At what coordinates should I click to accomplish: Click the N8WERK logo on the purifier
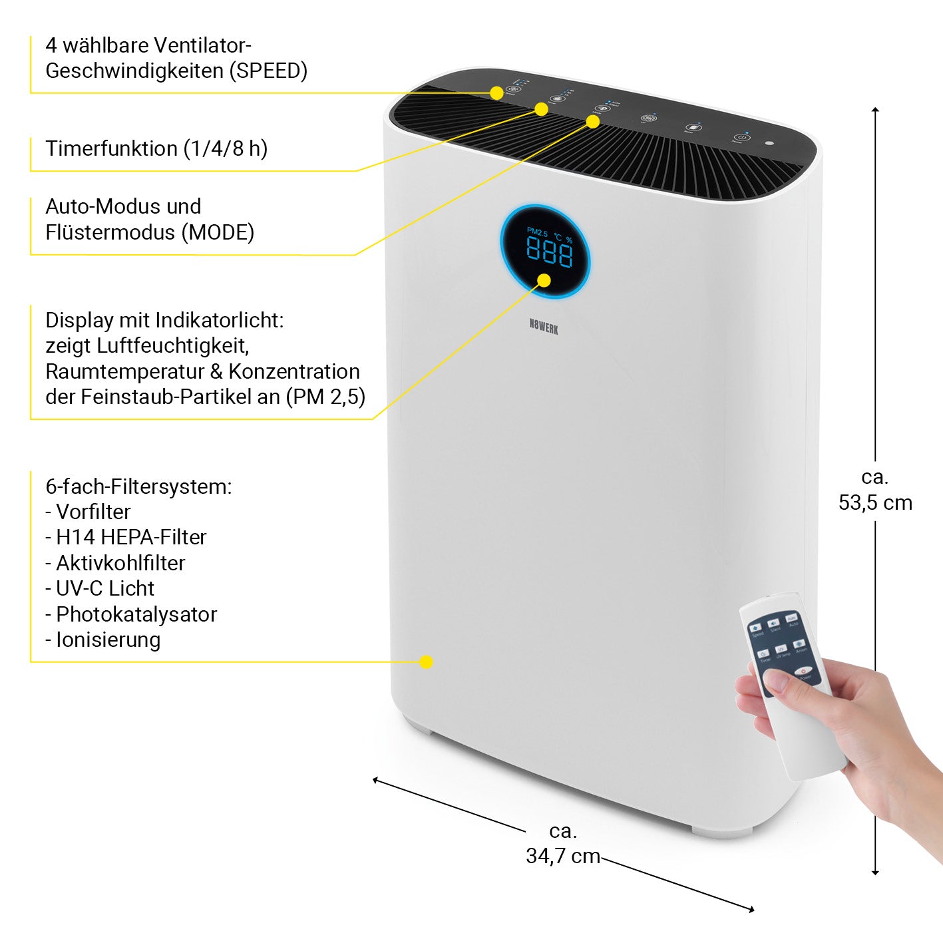[x=544, y=326]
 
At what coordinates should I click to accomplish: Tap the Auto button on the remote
[x=791, y=619]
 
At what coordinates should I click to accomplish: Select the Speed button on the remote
[x=756, y=628]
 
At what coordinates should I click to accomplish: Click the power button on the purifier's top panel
[x=741, y=137]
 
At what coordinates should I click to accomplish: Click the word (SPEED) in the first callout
[x=268, y=71]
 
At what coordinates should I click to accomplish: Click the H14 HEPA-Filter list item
[x=126, y=537]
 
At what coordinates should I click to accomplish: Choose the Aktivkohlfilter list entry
[x=115, y=563]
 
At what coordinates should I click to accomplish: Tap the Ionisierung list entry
[x=103, y=640]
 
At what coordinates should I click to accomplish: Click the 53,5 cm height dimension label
[x=875, y=502]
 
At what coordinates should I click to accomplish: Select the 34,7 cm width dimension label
[x=563, y=855]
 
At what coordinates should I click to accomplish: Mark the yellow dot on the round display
[x=544, y=280]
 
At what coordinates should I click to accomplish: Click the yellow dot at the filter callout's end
[x=427, y=661]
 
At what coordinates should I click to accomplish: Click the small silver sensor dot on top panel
[x=769, y=142]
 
